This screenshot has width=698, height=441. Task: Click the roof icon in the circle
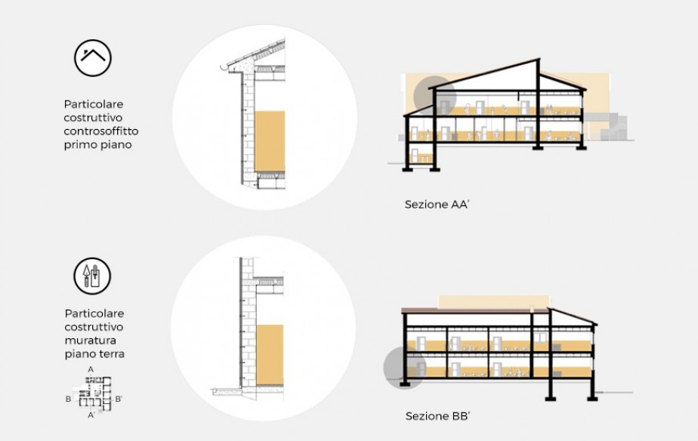pos(93,58)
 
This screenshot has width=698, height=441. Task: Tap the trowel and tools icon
pos(92,276)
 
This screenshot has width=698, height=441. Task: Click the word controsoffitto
pos(101,131)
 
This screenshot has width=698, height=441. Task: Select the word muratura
pos(91,341)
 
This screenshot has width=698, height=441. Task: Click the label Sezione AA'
pos(437,205)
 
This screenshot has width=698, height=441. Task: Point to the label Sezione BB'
pos(438,417)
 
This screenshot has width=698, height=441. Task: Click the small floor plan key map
pos(94,393)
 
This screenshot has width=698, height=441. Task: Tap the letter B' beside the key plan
pos(119,399)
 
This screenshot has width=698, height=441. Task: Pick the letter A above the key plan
pos(91,369)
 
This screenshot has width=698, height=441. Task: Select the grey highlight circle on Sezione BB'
pos(405,367)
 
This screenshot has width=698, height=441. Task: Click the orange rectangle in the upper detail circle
pos(270,141)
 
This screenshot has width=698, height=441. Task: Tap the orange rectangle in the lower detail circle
pos(270,355)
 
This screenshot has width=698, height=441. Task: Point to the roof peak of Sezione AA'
pos(539,59)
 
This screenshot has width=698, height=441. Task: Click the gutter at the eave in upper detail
pos(225,68)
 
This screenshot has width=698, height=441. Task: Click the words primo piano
pos(98,145)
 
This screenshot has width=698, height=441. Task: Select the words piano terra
pos(94,354)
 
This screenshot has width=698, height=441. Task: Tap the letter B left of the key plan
pos(68,399)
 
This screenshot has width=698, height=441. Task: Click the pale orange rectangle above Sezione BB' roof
pos(493,302)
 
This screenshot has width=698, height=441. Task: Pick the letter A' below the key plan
pos(91,415)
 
